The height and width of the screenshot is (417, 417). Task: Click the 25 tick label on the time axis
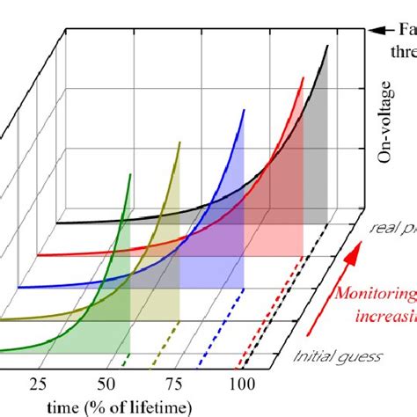[38, 383]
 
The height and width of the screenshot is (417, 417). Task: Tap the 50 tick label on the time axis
[106, 383]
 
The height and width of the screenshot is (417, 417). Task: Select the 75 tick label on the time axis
[173, 383]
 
